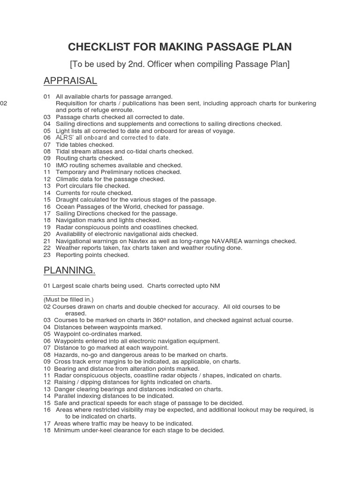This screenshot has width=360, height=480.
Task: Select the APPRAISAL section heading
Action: pyautogui.click(x=70, y=81)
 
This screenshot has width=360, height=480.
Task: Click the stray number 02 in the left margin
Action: pyautogui.click(x=4, y=103)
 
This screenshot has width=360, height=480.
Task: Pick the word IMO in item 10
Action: pyautogui.click(x=62, y=165)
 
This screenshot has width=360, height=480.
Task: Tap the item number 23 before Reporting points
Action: pyautogui.click(x=47, y=255)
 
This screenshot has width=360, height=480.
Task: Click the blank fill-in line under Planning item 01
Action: pyautogui.click(x=66, y=294)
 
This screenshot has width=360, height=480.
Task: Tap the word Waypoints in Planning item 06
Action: pyautogui.click(x=68, y=341)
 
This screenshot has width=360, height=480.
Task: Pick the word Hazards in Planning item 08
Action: pyautogui.click(x=67, y=355)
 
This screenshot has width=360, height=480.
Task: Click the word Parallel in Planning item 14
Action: pyautogui.click(x=66, y=396)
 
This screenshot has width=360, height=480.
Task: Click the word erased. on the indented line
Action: pyautogui.click(x=76, y=313)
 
